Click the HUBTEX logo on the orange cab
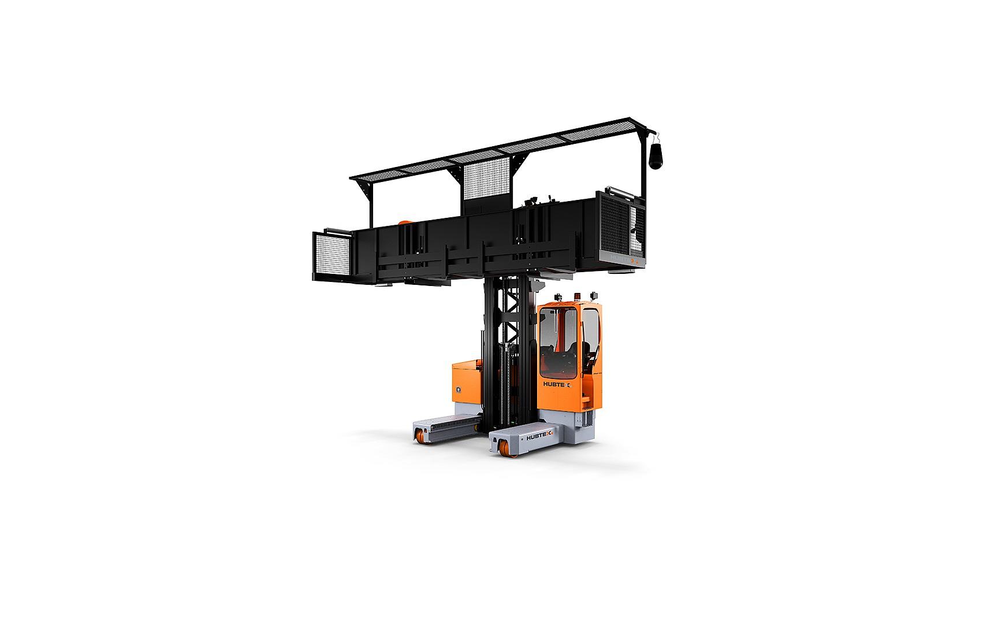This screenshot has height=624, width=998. (556, 384)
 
